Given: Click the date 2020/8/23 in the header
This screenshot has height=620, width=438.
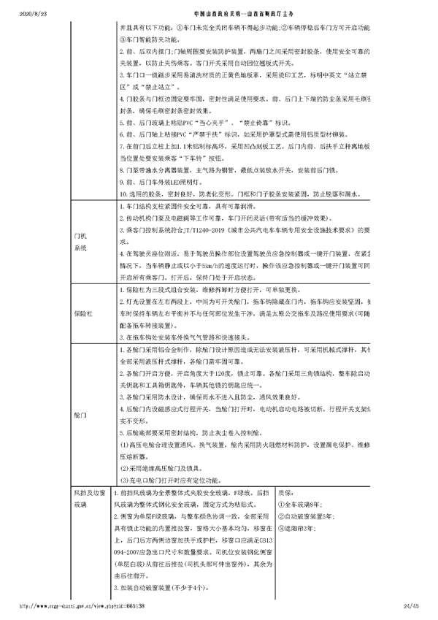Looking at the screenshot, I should tap(16, 14).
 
